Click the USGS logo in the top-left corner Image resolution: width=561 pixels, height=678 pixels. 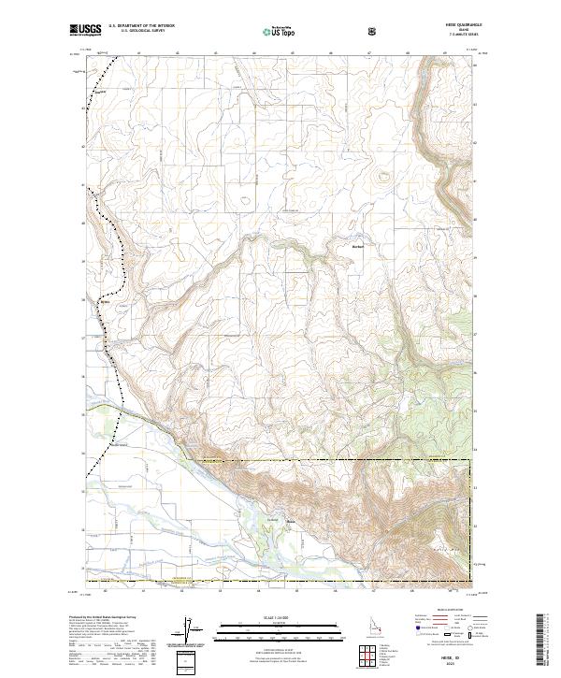pos(86,31)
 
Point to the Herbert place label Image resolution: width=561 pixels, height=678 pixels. pos(356,246)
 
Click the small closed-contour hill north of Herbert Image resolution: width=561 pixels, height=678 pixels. pos(381,174)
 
